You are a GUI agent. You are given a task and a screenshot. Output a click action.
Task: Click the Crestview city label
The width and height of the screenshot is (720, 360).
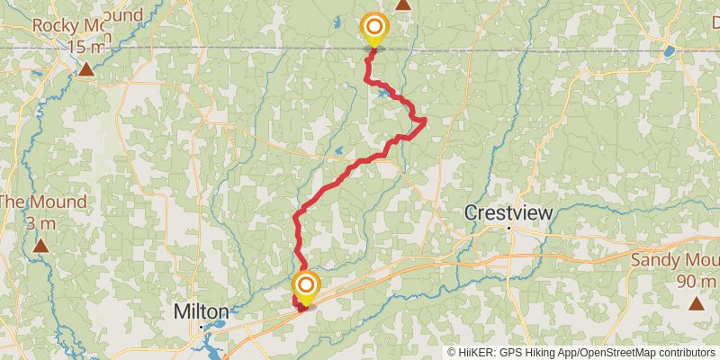(508, 213)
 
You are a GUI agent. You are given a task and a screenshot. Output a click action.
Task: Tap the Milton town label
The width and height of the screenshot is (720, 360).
(201, 311)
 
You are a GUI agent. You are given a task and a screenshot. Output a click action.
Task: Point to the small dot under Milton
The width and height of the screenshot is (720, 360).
(201, 327)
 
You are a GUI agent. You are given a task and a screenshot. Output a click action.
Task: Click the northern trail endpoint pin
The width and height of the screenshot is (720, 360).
(373, 29)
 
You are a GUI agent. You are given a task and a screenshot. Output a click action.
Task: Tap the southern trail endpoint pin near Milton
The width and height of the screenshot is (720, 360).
(306, 287)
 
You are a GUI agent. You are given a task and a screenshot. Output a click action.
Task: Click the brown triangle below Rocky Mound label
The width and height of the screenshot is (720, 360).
(85, 69)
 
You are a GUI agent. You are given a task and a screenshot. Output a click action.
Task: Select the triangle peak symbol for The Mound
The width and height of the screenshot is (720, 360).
(40, 245)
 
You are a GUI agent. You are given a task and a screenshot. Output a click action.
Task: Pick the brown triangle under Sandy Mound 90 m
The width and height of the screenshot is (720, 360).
(697, 302)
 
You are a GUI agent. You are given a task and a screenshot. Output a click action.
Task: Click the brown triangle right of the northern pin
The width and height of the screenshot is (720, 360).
(403, 5)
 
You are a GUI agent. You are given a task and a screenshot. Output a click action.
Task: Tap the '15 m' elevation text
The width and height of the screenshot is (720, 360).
(86, 46)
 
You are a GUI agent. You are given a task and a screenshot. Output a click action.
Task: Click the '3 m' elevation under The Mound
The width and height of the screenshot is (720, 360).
(41, 222)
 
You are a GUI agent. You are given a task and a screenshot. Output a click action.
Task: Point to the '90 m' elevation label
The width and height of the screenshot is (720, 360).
(697, 280)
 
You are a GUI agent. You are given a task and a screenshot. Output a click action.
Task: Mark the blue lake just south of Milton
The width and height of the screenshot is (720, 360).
(209, 343)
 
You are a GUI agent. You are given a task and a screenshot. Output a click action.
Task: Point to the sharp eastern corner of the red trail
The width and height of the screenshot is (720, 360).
(425, 120)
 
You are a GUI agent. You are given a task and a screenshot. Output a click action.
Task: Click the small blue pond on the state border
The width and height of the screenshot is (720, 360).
(669, 51)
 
